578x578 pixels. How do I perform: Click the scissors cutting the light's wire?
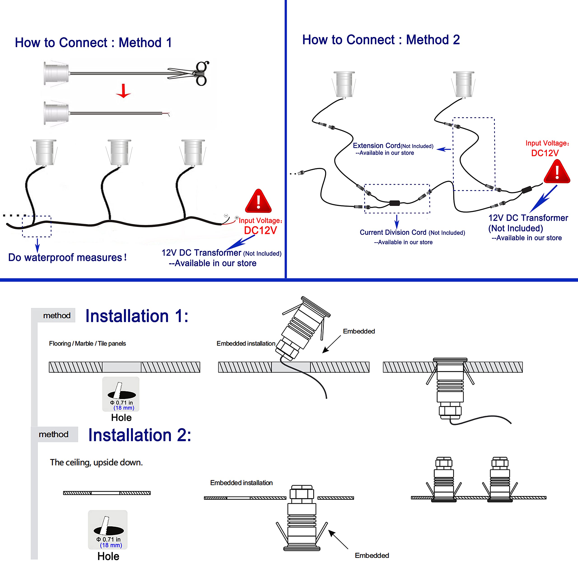(194, 73)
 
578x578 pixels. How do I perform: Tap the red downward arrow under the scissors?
(123, 91)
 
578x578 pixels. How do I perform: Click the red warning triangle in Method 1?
(258, 201)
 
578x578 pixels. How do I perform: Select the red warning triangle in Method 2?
(557, 172)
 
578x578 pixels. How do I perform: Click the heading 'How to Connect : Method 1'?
(93, 42)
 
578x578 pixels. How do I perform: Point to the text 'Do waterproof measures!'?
(67, 257)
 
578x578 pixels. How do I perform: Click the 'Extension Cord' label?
(376, 146)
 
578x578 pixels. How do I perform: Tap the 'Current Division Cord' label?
(393, 233)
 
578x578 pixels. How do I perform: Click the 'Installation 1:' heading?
(137, 316)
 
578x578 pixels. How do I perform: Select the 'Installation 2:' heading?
(139, 435)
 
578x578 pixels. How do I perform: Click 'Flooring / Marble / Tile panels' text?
(87, 343)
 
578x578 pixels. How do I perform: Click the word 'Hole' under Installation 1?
(121, 418)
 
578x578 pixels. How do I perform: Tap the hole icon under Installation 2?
(108, 529)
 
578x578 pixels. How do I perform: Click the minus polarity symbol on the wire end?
(226, 215)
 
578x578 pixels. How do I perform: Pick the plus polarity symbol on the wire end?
(237, 218)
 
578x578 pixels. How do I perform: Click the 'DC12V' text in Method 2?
(545, 153)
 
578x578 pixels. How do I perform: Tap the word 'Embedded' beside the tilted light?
(359, 331)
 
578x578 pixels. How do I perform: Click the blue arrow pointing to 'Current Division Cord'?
(397, 222)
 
